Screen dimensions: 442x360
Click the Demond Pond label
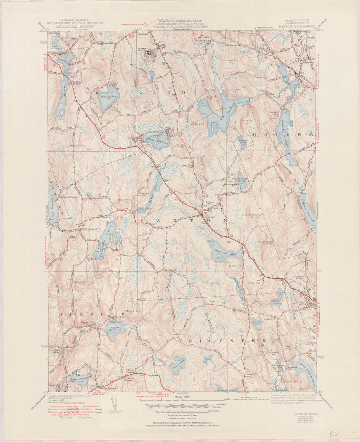[110, 97]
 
